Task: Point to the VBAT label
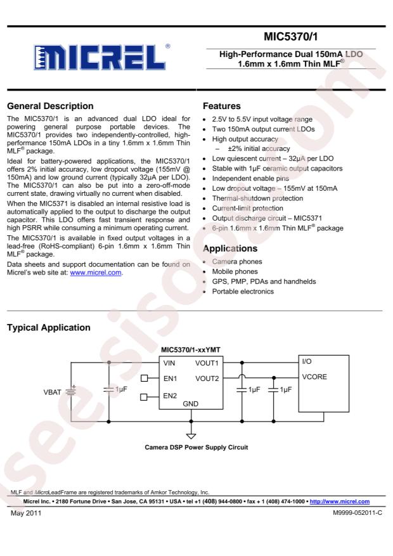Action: coord(54,391)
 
